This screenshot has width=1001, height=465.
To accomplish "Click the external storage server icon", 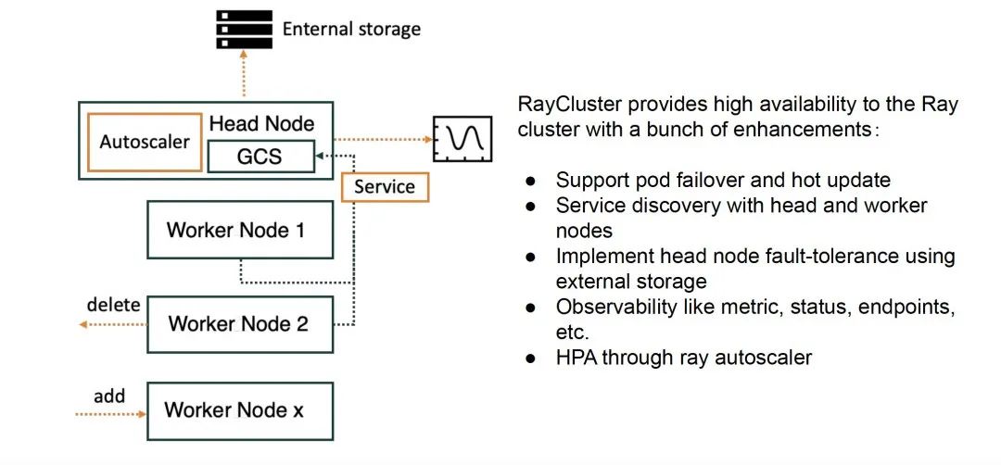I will (x=244, y=29).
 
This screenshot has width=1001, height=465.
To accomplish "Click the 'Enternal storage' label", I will (x=351, y=29).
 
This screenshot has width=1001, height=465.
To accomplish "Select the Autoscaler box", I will (x=144, y=142).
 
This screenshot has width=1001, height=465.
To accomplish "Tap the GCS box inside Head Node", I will (x=259, y=157).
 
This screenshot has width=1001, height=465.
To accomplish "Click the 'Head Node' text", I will (x=261, y=123).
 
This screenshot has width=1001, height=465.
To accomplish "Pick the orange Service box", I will (x=385, y=187).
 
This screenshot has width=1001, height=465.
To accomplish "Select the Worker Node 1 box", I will (x=240, y=230).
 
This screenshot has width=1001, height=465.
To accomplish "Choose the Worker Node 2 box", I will (x=240, y=324).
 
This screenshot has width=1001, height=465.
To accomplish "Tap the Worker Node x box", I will (x=240, y=409).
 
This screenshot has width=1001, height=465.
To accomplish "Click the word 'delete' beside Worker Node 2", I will (x=113, y=304).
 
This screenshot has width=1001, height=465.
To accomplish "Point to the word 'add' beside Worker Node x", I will (x=109, y=396).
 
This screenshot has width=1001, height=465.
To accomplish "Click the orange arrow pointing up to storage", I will (x=245, y=76).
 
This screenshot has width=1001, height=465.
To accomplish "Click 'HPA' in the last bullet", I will (x=576, y=357).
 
